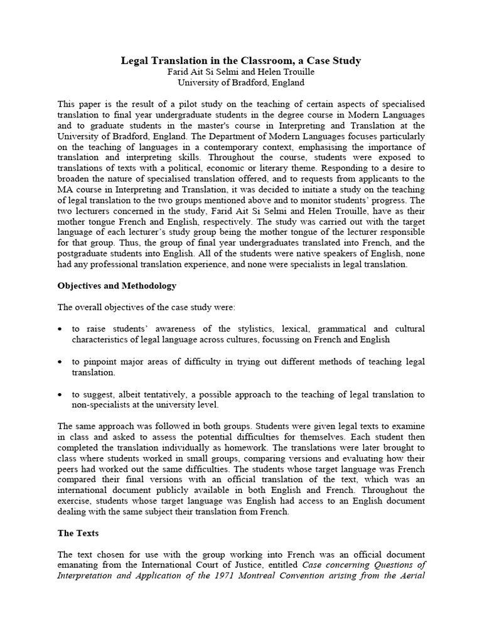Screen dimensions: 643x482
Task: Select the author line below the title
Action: [241, 72]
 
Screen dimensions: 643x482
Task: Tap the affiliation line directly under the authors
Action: [241, 82]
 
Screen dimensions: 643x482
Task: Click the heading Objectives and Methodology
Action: [117, 286]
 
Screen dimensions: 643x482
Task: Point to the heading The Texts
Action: [78, 533]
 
